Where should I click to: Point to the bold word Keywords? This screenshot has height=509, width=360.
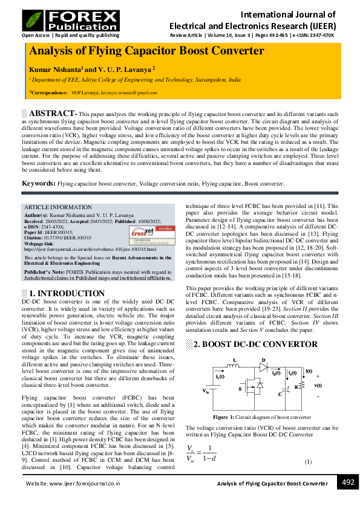[x=38, y=183]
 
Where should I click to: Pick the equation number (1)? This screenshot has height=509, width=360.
[x=308, y=462]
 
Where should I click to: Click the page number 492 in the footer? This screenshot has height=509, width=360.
[x=347, y=482]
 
